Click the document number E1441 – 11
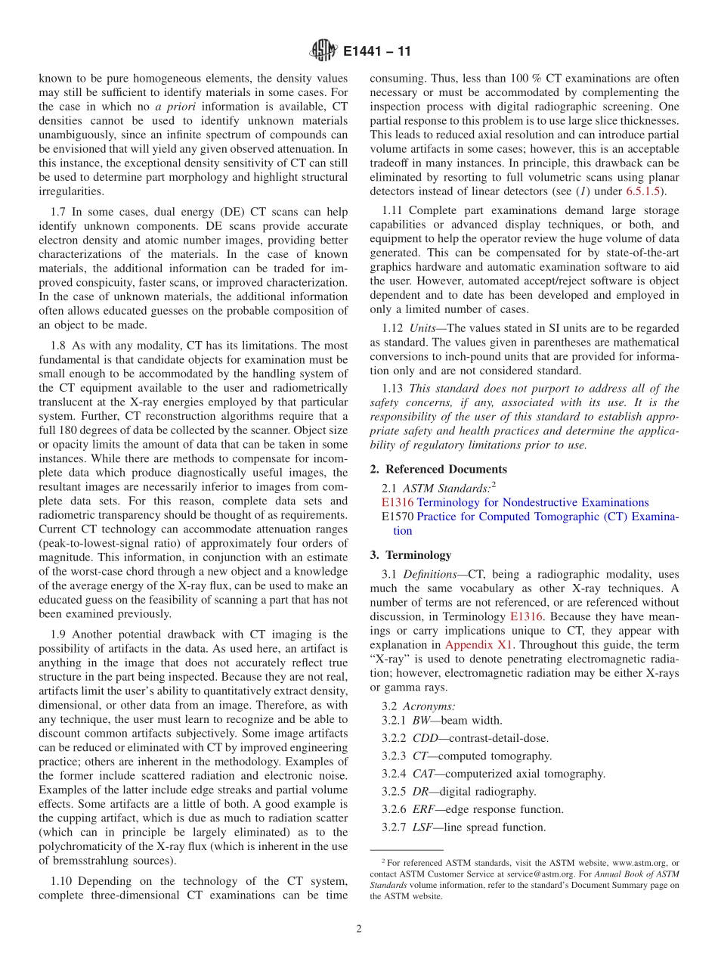[376, 53]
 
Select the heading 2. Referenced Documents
[438, 469]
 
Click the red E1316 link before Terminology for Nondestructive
[398, 502]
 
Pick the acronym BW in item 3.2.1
[422, 721]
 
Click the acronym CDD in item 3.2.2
[427, 738]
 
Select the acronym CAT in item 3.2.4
[425, 774]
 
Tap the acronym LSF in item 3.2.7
[425, 827]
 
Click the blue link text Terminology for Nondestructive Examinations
[533, 502]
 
